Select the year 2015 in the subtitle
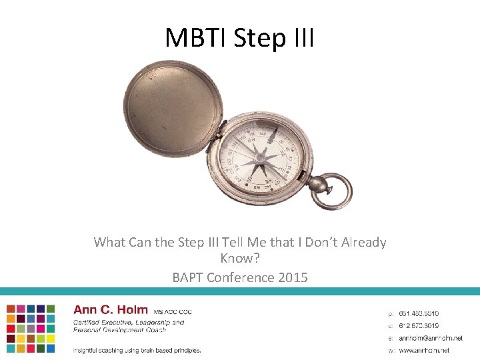tap(293, 277)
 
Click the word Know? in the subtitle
tap(239, 259)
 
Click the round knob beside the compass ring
tap(317, 182)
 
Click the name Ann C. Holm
tap(111, 310)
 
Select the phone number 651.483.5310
tap(419, 313)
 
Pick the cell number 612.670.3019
tap(419, 325)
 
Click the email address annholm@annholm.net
tap(430, 338)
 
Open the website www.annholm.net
tap(424, 350)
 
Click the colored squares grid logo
tap(31, 329)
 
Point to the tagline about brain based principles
tap(137, 350)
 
